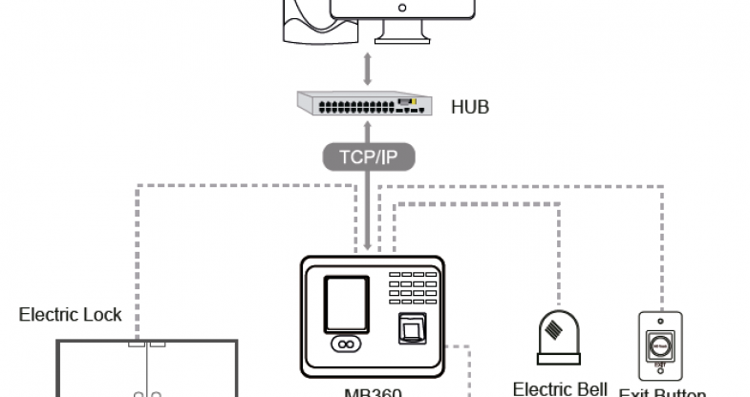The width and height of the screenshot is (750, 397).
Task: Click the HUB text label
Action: pyautogui.click(x=469, y=107)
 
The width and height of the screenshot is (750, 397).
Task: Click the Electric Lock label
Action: pyautogui.click(x=71, y=314)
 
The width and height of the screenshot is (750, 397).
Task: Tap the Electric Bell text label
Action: pyautogui.click(x=561, y=388)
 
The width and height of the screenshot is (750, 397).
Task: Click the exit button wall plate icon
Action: pyautogui.click(x=659, y=343)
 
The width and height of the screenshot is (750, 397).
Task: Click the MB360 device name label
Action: pyautogui.click(x=372, y=391)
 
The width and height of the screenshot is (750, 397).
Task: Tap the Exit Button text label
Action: pyautogui.click(x=662, y=392)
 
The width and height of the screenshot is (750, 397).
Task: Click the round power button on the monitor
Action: pyautogui.click(x=402, y=7)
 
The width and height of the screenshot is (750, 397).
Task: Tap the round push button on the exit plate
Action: pyautogui.click(x=659, y=343)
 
